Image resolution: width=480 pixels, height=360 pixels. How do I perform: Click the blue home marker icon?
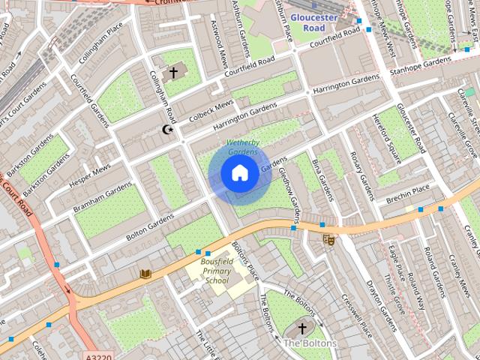(239, 173)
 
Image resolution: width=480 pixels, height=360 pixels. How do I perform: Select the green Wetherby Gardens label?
(241, 147)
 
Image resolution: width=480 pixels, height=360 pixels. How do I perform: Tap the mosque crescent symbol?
(168, 130)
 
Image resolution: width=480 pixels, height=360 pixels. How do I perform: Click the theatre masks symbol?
(328, 240)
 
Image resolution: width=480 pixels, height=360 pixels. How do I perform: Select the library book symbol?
(145, 274)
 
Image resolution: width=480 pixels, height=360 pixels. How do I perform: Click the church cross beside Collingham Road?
(173, 72)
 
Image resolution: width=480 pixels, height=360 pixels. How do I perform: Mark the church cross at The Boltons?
(302, 328)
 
